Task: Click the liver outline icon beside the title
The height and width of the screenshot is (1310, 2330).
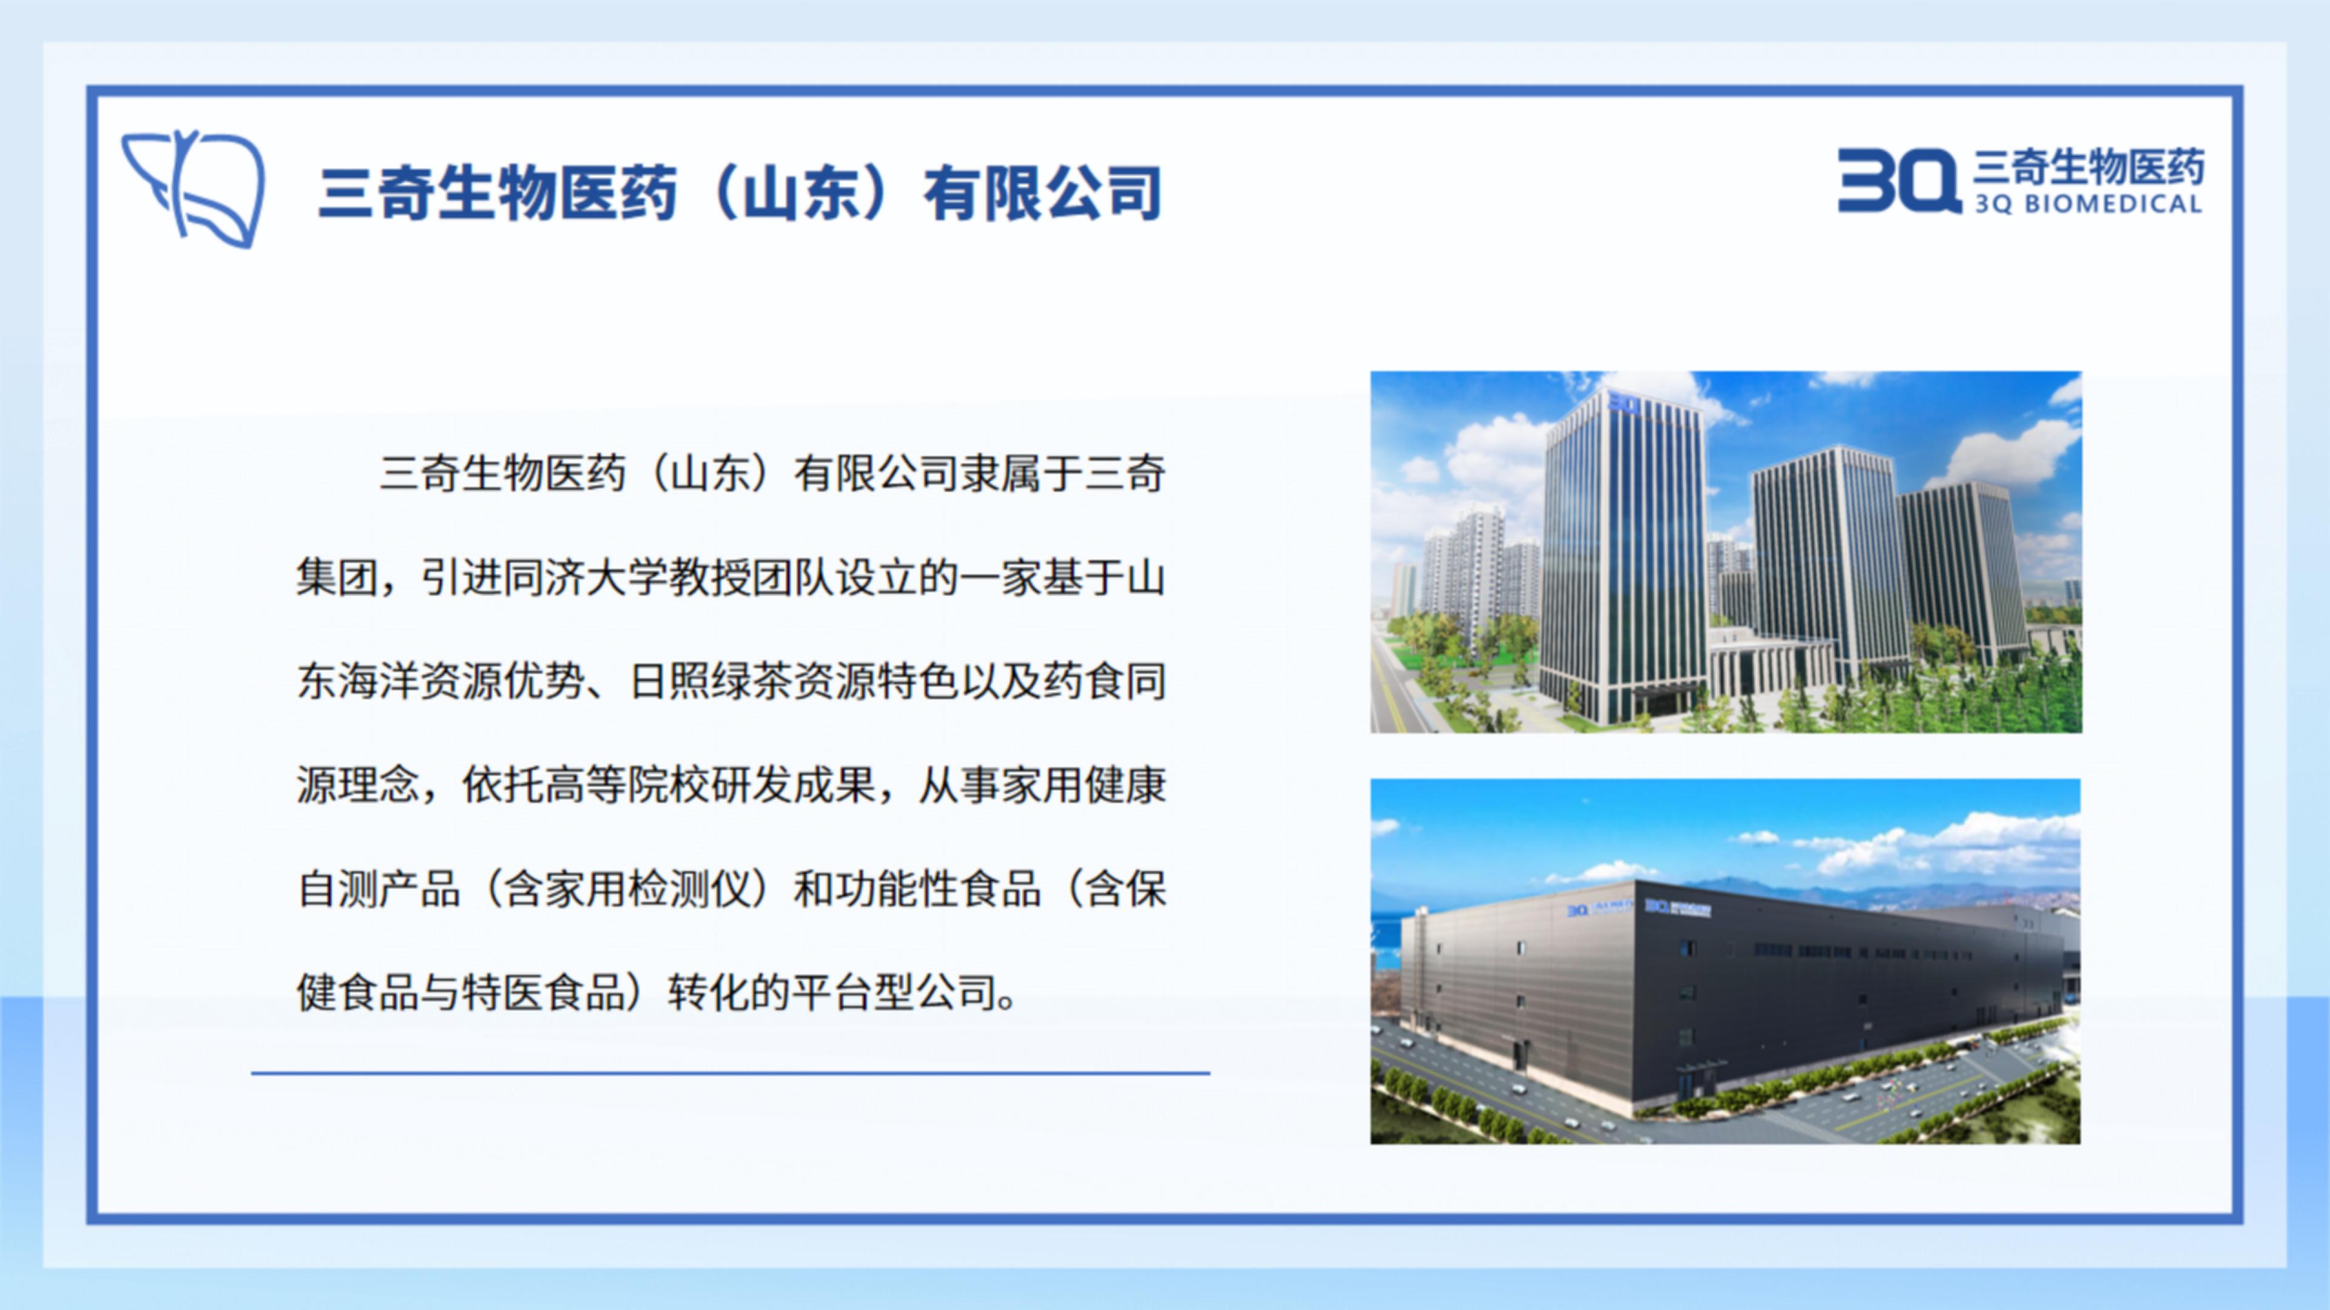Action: pos(194,188)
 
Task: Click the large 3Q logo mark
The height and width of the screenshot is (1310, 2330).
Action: pos(1897,181)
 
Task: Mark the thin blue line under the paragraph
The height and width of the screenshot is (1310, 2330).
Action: pos(731,1073)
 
